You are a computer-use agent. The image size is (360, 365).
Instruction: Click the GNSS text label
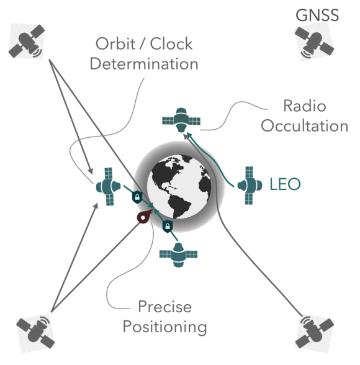pos(317,16)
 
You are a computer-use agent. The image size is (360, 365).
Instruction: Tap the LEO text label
pos(285,184)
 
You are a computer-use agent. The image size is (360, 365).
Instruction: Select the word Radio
pos(305,106)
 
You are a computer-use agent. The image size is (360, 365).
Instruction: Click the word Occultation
pos(305,126)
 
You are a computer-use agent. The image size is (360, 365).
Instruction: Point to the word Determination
pos(144,64)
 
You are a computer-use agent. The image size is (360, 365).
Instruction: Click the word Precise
pos(164,307)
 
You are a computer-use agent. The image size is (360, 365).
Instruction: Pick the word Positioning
pos(164,327)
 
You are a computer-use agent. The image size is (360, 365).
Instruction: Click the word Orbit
pos(115,43)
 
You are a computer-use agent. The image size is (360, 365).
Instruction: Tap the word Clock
pos(171,43)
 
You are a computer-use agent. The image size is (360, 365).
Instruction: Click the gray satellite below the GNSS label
pos(315,42)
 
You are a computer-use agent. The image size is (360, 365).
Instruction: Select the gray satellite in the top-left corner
pos(27,41)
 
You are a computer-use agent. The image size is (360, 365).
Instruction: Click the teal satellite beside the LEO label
pos(250,186)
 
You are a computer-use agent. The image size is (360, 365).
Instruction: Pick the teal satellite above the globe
pos(181,120)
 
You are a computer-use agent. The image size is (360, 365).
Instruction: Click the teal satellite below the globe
pos(179,255)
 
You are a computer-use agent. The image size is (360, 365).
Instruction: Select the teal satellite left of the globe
pos(109,186)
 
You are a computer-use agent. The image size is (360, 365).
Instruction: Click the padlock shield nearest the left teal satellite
pos(137,197)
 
